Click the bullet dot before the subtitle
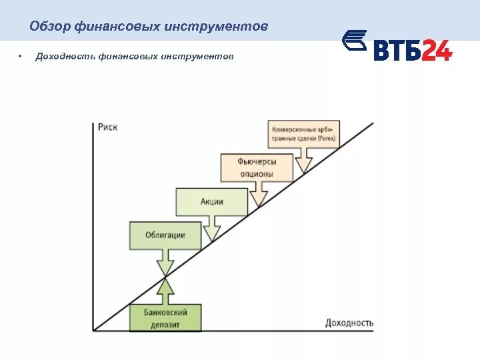click(x=21, y=57)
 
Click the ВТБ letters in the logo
click(x=396, y=50)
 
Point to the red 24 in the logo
click(x=436, y=50)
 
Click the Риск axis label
click(x=107, y=127)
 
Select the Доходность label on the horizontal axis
click(x=349, y=323)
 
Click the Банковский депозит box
click(x=165, y=318)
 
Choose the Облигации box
click(x=165, y=235)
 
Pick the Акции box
click(x=211, y=201)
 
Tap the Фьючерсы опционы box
click(x=256, y=167)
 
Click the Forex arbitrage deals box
click(x=303, y=133)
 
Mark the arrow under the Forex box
click(x=304, y=161)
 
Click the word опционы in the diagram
click(x=257, y=173)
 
